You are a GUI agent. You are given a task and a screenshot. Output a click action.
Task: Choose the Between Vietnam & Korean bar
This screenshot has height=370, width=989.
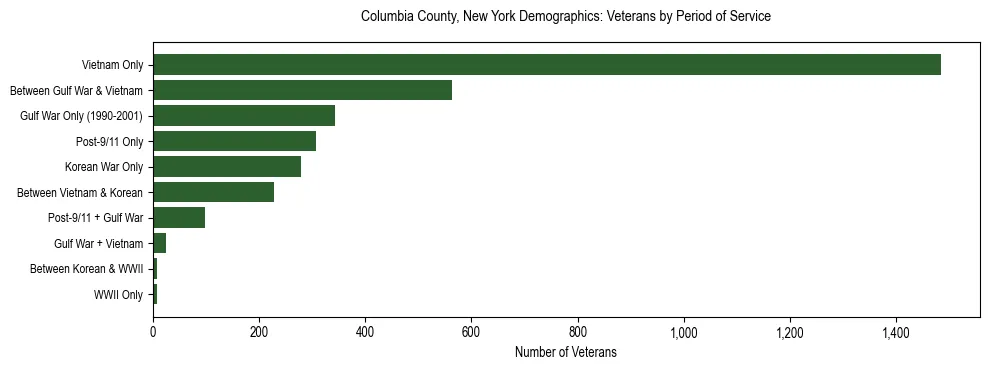click(213, 192)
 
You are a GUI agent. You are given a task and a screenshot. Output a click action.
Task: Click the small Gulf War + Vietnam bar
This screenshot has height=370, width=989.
click(159, 243)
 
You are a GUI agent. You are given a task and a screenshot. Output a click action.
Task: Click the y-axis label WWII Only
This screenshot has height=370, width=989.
click(118, 295)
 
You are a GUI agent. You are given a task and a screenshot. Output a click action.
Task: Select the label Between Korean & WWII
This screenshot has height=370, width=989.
click(86, 269)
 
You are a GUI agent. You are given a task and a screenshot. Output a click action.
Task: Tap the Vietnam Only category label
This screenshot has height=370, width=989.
click(112, 66)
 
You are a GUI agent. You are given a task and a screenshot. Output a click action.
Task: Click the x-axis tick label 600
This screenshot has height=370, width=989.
click(471, 332)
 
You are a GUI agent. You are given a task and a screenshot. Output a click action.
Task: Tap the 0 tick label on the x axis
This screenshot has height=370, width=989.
click(153, 332)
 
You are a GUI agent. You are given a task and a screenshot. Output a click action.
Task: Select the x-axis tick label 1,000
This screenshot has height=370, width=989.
click(684, 332)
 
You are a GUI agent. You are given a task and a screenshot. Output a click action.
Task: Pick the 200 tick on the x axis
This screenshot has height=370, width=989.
click(259, 332)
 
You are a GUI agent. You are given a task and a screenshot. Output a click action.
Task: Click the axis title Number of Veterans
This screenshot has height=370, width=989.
click(565, 353)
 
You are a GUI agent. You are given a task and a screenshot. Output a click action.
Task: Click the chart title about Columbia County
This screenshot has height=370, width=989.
click(565, 17)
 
